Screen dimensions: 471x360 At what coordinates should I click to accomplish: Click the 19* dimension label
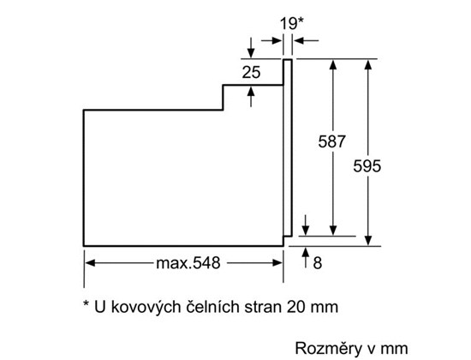[292, 23]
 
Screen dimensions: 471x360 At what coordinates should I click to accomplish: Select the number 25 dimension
[251, 73]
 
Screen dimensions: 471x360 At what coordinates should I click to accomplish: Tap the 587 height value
[331, 141]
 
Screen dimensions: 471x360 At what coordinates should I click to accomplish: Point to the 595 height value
[367, 166]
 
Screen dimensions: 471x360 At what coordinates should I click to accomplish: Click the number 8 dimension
[318, 263]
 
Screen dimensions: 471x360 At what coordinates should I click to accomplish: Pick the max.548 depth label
[188, 263]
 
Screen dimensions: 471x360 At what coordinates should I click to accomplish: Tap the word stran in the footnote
[263, 308]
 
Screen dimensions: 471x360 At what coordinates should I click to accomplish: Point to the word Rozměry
[328, 349]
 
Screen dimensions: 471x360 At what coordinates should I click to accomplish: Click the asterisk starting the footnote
[86, 303]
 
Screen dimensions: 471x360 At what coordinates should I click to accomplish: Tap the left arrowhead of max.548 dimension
[91, 263]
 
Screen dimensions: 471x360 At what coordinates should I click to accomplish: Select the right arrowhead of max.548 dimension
[277, 263]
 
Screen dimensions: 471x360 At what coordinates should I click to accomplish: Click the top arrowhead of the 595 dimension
[368, 65]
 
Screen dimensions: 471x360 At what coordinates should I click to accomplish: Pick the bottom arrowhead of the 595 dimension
[368, 240]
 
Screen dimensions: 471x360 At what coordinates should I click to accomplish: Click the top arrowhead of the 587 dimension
[333, 65]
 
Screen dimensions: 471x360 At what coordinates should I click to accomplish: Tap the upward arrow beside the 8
[306, 257]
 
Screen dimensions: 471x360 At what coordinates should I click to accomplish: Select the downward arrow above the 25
[251, 47]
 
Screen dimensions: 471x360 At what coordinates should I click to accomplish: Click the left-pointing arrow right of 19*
[307, 40]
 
